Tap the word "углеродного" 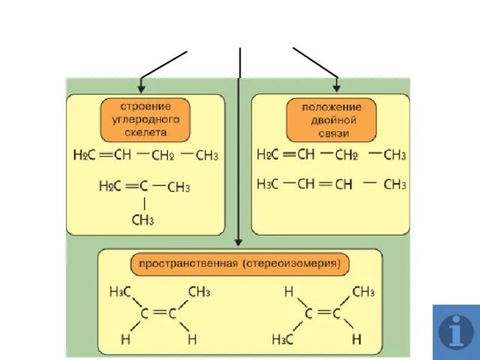[145, 118]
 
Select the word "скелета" [145, 132]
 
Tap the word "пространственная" [186, 264]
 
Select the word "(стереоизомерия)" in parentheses [292, 264]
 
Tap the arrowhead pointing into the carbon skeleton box [141, 88]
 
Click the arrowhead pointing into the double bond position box [337, 88]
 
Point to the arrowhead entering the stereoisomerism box [239, 241]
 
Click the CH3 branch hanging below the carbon [142, 220]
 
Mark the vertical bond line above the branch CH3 [143, 202]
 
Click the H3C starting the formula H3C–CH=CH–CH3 [268, 184]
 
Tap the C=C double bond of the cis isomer [158, 314]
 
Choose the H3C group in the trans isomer [283, 340]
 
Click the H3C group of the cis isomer [121, 292]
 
